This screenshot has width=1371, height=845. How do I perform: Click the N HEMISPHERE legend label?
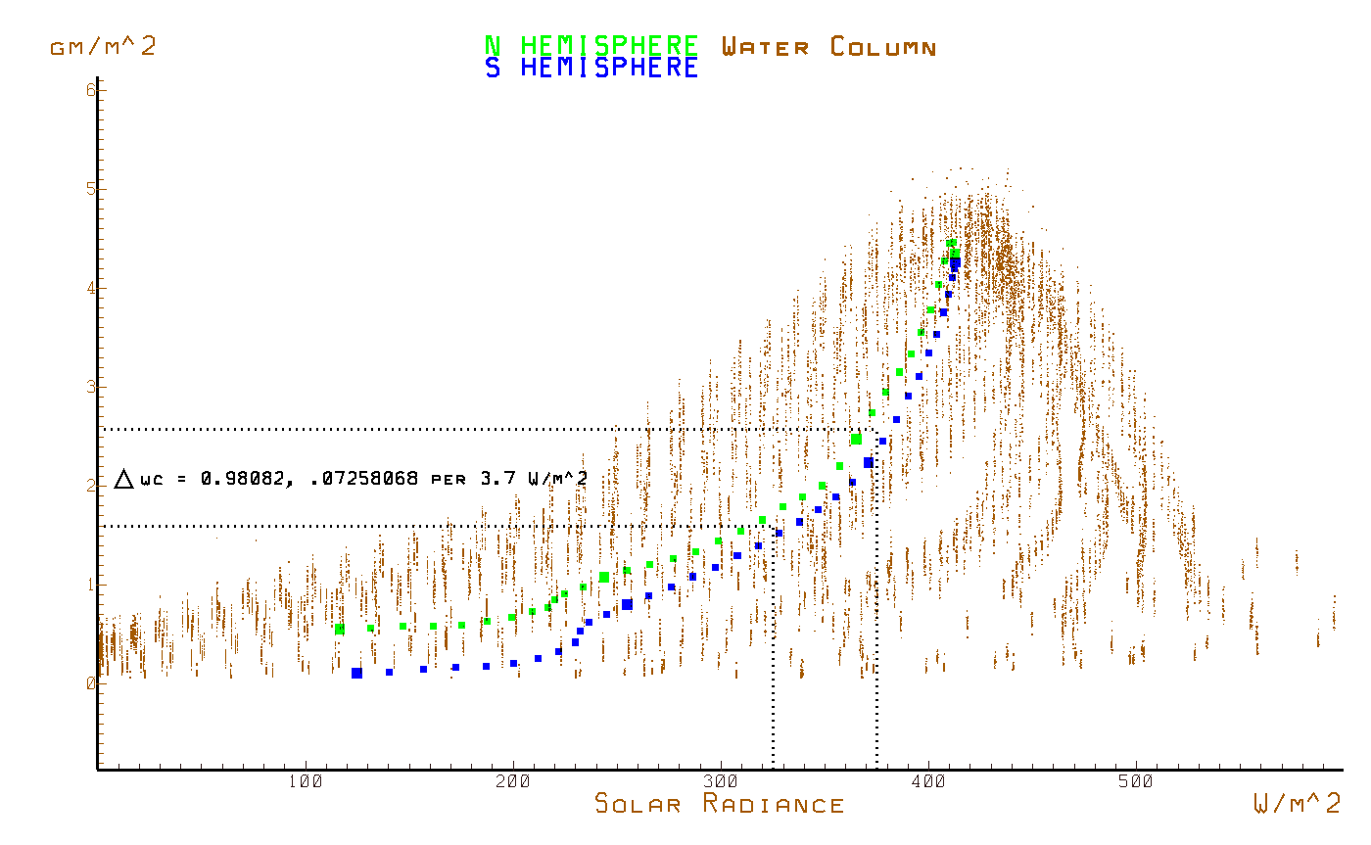tap(591, 46)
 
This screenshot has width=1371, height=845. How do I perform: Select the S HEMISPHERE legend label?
tap(591, 69)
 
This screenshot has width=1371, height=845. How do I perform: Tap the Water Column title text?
tap(828, 46)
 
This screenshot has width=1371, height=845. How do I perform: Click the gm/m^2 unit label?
tap(103, 46)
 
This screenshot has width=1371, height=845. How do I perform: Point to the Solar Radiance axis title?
tap(720, 805)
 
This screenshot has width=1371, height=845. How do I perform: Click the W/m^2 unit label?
tap(1298, 805)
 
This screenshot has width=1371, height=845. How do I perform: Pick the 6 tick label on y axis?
tap(90, 89)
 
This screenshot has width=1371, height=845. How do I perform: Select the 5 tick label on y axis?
tap(90, 189)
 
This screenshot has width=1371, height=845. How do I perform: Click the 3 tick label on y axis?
tap(90, 387)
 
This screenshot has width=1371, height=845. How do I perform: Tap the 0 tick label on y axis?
tap(90, 683)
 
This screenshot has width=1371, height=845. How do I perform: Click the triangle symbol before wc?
tap(123, 479)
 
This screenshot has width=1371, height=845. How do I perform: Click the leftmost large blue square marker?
tap(356, 673)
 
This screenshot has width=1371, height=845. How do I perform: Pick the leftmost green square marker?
tap(339, 629)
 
